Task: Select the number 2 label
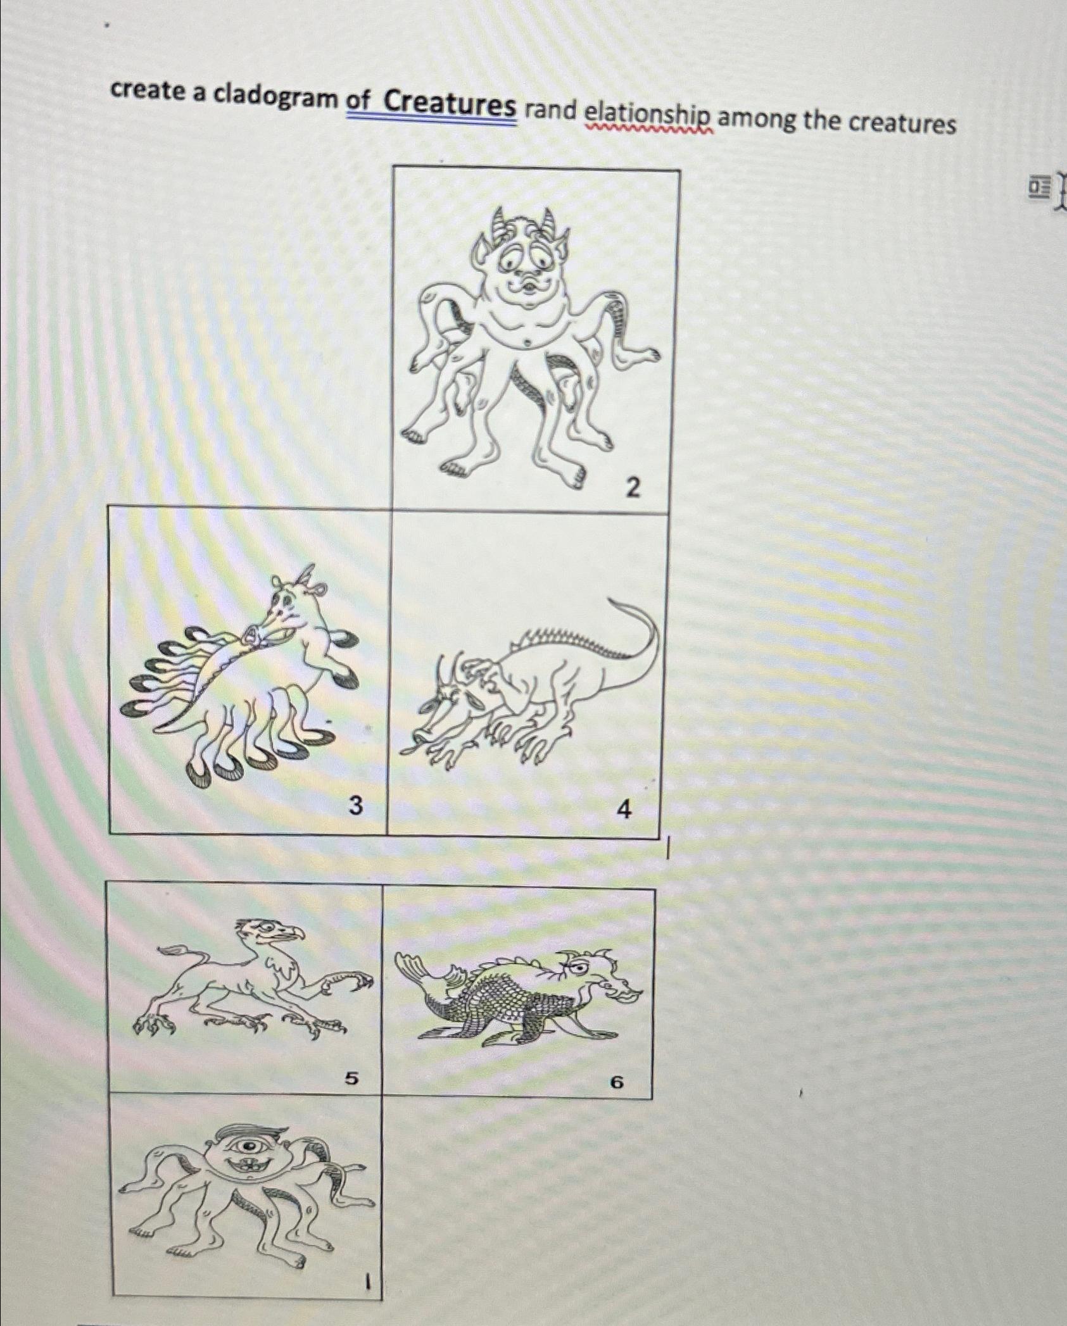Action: pos(633,487)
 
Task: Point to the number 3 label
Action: pos(357,806)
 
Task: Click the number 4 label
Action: pos(624,810)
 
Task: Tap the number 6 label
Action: pos(616,1083)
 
